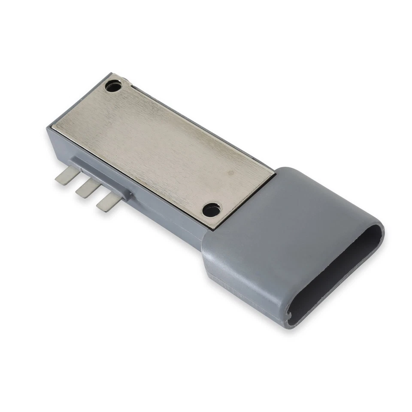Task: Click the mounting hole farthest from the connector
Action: tap(113, 87)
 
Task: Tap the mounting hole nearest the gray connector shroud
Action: tap(211, 210)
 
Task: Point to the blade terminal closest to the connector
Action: tap(108, 201)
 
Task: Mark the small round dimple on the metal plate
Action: tap(231, 173)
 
